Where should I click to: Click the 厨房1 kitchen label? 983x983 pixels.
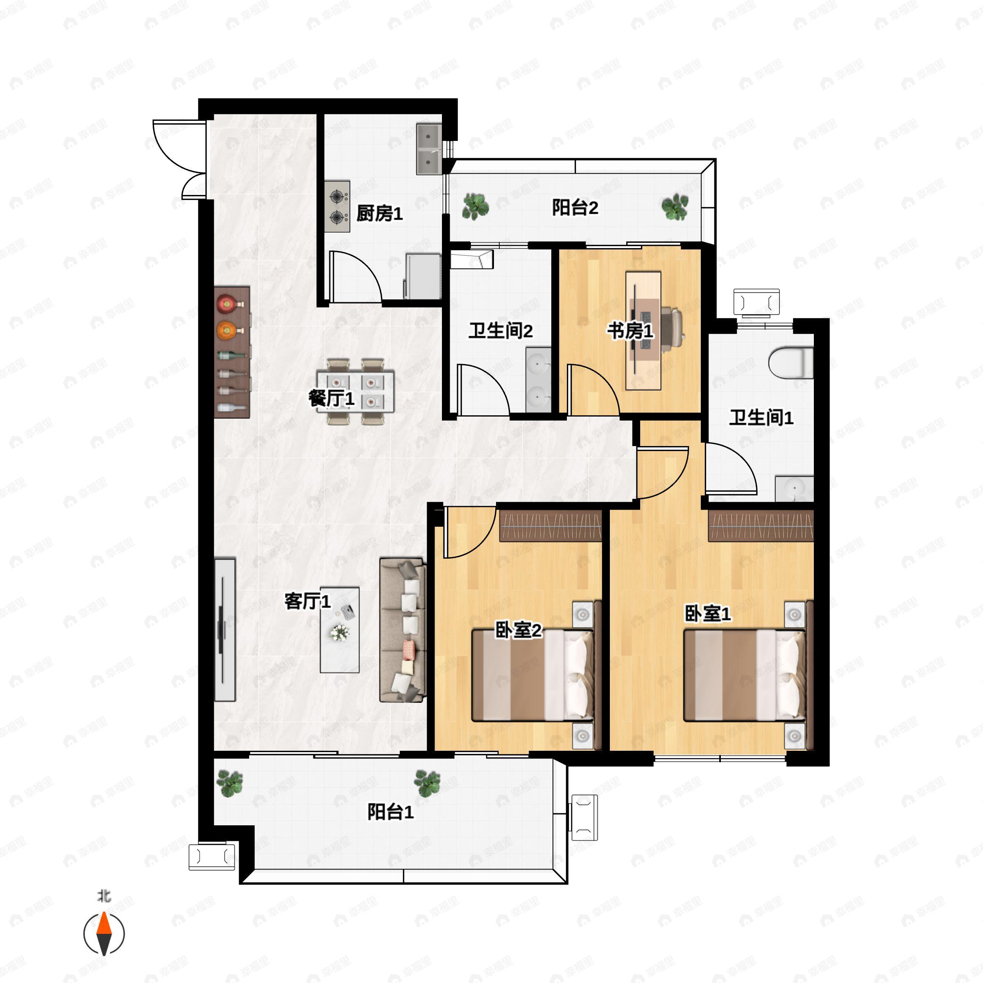(x=380, y=213)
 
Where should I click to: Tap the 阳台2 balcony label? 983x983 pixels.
(x=575, y=208)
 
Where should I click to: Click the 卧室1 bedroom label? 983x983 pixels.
(x=708, y=614)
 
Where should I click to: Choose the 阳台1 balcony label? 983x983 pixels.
(x=391, y=811)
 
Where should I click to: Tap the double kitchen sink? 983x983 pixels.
(x=429, y=149)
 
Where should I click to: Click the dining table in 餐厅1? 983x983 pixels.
(x=356, y=392)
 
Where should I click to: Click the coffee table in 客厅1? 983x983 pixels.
(x=340, y=630)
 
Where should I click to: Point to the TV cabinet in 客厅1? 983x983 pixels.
(x=225, y=630)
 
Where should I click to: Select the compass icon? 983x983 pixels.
(x=104, y=934)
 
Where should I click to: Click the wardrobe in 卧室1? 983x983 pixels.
(x=761, y=525)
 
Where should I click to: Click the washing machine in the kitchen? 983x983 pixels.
(x=423, y=276)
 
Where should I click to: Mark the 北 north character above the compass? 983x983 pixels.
(x=104, y=897)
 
